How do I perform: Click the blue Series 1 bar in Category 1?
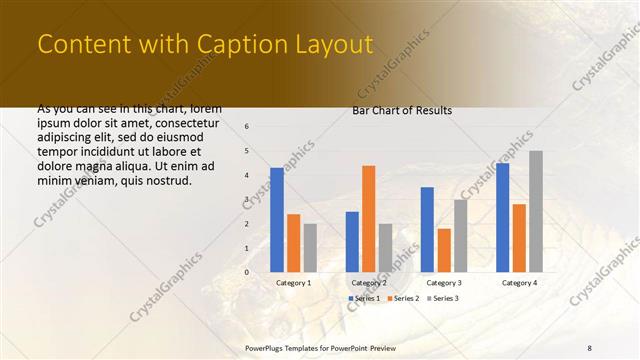tap(277, 220)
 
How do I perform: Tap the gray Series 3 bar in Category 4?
tap(536, 212)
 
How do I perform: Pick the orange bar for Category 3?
tap(444, 250)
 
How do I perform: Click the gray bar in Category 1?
tap(310, 248)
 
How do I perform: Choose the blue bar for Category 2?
tap(352, 242)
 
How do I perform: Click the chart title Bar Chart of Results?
tap(402, 110)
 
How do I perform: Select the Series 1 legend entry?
tap(364, 299)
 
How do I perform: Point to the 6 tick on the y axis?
tap(247, 127)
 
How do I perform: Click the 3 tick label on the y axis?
tap(247, 199)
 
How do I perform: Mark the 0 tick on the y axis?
tap(247, 272)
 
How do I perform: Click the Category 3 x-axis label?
tap(444, 283)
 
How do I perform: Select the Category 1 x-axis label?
tap(294, 283)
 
